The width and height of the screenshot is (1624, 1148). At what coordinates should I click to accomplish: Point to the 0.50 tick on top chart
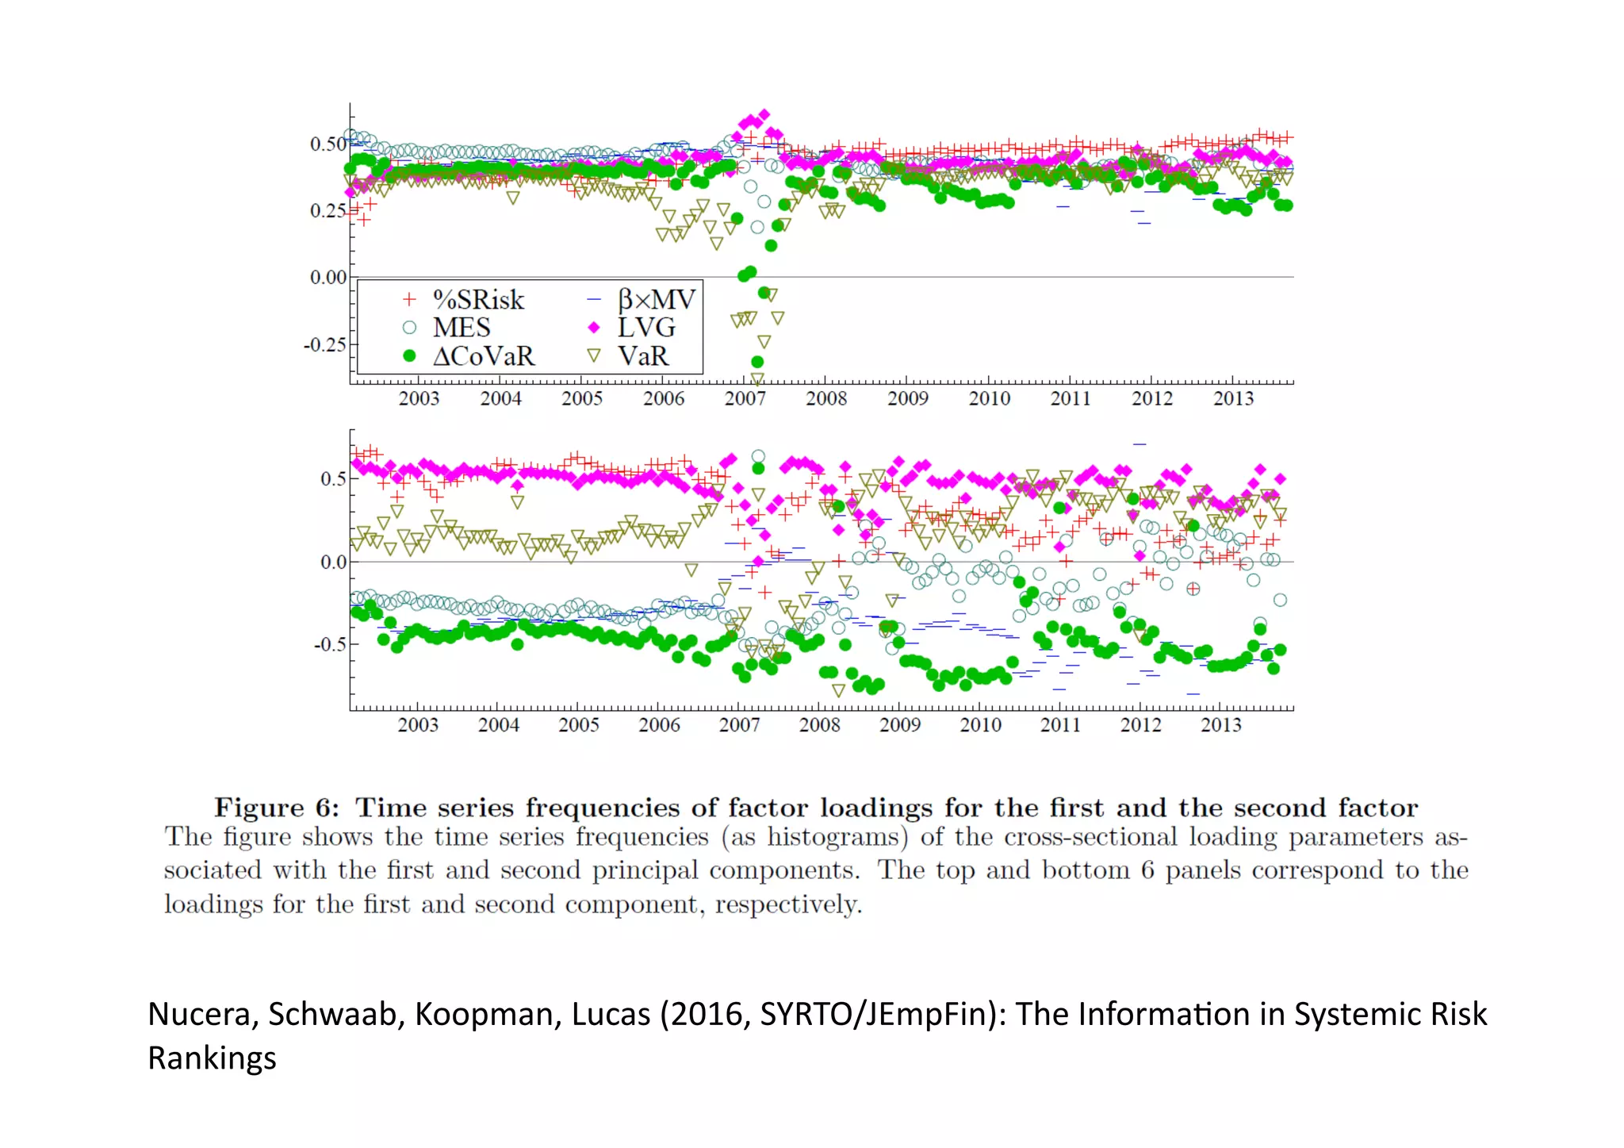(327, 144)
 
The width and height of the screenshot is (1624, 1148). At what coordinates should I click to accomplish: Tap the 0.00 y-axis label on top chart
(327, 278)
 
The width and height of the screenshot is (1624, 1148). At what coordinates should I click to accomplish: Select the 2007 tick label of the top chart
(745, 399)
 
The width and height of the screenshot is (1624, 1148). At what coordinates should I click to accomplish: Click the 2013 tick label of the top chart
(1233, 399)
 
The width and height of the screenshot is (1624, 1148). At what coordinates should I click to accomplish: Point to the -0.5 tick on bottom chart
(330, 644)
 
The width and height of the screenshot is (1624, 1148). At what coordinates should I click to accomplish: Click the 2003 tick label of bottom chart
(418, 725)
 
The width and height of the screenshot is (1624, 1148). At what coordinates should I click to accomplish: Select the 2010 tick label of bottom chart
(980, 725)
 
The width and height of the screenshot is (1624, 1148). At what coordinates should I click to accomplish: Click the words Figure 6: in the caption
(277, 808)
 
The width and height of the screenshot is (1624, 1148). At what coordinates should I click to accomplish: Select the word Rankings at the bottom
(212, 1059)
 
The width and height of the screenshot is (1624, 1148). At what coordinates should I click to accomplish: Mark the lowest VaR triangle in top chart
(757, 380)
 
